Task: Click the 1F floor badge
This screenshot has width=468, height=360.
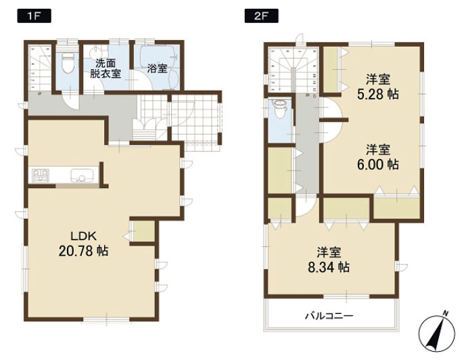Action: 34,16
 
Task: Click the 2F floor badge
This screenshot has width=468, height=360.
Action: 262,16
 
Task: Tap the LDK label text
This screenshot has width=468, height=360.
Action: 84,237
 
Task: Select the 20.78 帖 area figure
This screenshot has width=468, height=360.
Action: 83,251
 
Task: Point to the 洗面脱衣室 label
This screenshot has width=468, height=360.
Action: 106,69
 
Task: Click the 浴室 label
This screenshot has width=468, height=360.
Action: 157,69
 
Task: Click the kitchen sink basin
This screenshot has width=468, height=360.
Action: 82,175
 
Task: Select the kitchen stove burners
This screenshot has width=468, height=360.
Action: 41,175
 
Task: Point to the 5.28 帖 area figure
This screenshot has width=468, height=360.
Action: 377,95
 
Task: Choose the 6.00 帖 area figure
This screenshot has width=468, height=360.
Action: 377,164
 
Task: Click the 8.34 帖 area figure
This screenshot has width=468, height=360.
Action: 329,267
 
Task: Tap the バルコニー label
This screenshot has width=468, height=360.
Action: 329,316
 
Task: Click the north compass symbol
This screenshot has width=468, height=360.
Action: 437,332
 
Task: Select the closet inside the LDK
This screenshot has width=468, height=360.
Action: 143,231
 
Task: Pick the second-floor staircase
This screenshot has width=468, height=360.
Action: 293,70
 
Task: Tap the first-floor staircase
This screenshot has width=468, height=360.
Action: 40,68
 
